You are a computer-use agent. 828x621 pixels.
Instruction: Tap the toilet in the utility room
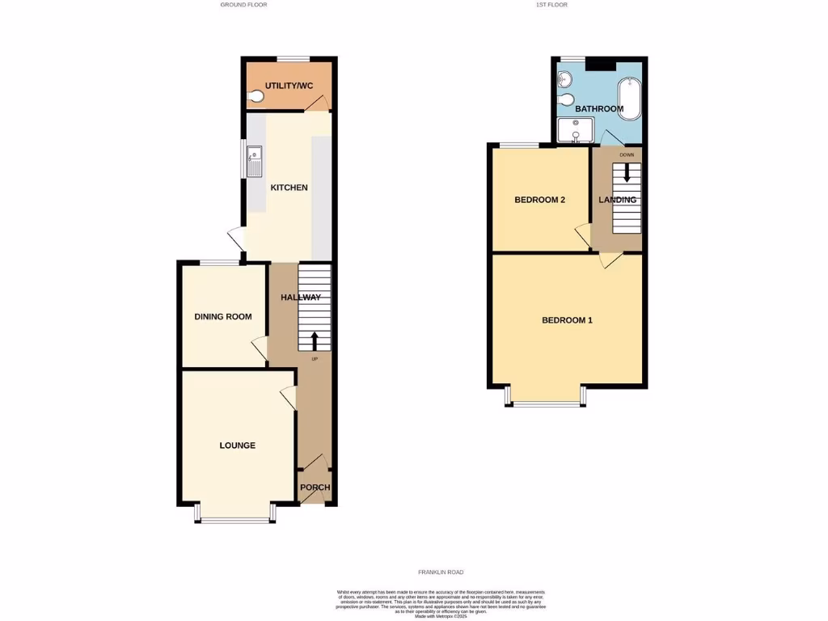click(256, 97)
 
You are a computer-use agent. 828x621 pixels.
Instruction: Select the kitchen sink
click(255, 160)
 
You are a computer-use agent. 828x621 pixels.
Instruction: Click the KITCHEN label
click(289, 188)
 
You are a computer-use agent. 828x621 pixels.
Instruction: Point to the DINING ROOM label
click(224, 316)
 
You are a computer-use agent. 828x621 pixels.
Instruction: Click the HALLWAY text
click(301, 298)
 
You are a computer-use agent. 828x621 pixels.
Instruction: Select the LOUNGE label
click(238, 446)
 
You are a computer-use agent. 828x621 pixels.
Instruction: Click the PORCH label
click(315, 487)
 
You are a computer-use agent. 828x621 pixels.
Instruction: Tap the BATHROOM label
click(599, 108)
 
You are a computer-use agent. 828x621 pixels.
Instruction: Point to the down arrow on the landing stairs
click(626, 171)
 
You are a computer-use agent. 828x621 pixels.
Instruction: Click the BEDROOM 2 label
click(540, 200)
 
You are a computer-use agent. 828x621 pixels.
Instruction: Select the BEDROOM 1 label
click(567, 320)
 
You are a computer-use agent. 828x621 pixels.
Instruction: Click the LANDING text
click(617, 200)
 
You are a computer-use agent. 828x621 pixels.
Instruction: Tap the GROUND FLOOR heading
click(243, 5)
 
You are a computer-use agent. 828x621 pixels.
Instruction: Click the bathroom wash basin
click(564, 80)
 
